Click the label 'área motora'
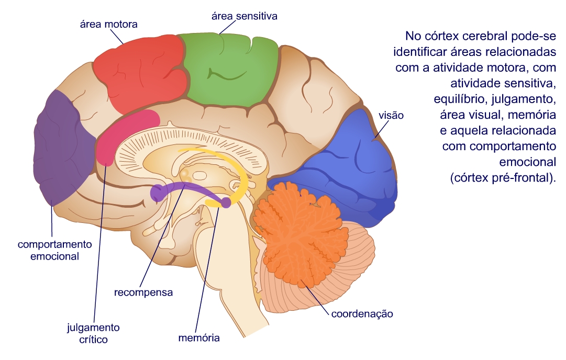(108, 24)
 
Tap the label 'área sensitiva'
(244, 16)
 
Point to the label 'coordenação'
(362, 314)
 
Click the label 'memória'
(199, 338)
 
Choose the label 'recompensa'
(143, 292)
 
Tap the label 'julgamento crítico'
(94, 333)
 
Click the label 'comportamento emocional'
(55, 250)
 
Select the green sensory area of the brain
(230, 68)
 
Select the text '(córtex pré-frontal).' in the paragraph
(502, 177)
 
